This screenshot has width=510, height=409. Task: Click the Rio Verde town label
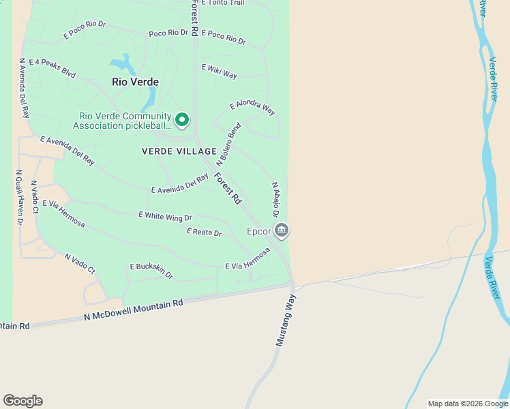(135, 82)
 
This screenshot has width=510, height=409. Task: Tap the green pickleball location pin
(182, 120)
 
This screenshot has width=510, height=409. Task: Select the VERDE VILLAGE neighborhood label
(179, 151)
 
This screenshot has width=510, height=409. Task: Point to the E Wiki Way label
(219, 70)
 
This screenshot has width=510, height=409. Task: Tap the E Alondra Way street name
(252, 108)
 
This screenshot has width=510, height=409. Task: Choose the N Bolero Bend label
(229, 145)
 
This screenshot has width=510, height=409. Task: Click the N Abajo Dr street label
(275, 200)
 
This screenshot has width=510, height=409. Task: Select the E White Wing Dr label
(165, 216)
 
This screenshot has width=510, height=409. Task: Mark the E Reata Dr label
(204, 232)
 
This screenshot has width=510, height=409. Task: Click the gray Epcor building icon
(282, 231)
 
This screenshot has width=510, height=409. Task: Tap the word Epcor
(259, 231)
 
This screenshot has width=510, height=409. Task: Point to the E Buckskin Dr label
(151, 271)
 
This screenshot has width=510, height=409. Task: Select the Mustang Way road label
(286, 320)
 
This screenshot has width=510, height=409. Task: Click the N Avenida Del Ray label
(24, 88)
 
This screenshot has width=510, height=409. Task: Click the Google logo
(22, 401)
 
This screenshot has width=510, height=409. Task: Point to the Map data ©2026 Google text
(468, 404)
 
